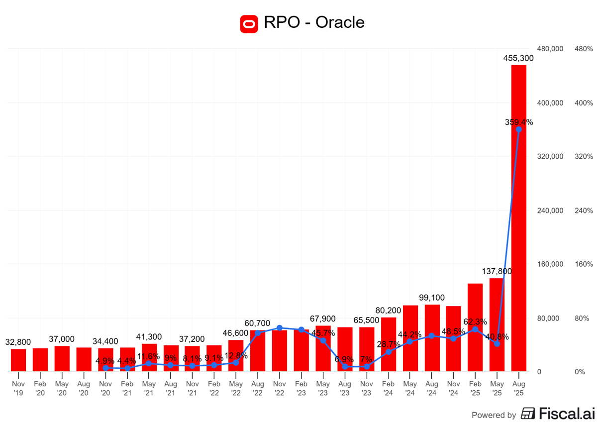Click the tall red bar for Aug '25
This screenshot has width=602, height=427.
click(x=518, y=219)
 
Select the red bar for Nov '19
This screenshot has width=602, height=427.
click(x=18, y=360)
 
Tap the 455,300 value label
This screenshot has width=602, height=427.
click(x=518, y=58)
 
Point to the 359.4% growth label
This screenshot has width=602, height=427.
click(x=518, y=122)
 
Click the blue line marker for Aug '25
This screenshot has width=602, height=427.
click(x=518, y=129)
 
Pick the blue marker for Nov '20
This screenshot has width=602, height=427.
click(x=105, y=368)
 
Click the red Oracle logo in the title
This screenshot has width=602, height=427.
click(x=249, y=23)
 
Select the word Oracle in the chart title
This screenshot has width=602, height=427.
click(x=341, y=22)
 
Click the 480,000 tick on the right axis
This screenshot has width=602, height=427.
click(x=551, y=49)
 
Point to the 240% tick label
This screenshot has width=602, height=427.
click(x=584, y=211)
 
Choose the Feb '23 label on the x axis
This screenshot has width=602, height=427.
click(x=301, y=388)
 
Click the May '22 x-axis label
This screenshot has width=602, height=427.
click(x=236, y=388)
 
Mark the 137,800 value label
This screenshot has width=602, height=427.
click(x=497, y=271)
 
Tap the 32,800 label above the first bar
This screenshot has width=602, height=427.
click(x=18, y=342)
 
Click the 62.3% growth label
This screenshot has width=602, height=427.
click(x=475, y=322)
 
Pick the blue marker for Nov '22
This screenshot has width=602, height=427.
click(x=279, y=328)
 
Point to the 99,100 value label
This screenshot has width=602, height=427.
click(x=432, y=298)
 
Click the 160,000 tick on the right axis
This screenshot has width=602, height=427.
click(x=551, y=264)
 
